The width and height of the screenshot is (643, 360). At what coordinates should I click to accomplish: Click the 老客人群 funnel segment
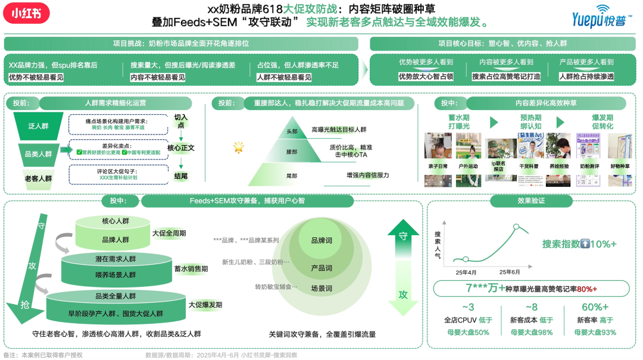coord(38,178)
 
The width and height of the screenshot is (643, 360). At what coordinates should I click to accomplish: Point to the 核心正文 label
coord(181,148)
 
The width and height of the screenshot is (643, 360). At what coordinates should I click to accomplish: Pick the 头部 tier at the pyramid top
coord(291,131)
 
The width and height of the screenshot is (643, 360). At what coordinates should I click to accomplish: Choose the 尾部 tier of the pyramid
coord(291,176)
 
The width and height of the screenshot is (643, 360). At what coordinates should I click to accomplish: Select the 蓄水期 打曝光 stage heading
coord(458,122)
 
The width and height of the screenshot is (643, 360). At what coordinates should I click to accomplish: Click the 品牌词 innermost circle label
coord(321,240)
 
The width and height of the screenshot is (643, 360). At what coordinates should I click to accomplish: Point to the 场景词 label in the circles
coord(321,287)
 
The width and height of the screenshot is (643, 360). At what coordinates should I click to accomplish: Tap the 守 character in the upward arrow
coord(403,236)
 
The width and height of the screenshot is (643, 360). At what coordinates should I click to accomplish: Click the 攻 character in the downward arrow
coord(403,295)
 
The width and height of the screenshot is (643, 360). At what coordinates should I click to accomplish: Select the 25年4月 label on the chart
coord(466,272)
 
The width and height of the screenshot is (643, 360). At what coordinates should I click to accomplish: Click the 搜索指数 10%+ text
coord(579,244)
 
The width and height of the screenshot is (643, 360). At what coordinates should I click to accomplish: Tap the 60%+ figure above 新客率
coord(595,307)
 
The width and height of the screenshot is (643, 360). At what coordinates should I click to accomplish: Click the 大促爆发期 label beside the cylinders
coord(205,305)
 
